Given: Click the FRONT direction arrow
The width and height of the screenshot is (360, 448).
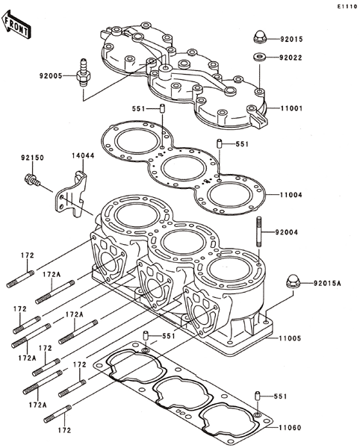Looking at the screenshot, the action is [16, 25].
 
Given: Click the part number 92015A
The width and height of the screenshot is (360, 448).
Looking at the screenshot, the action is [327, 284].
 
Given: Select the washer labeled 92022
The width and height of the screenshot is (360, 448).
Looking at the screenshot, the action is [260, 57].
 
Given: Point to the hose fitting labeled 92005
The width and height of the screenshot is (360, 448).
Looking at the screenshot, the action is [84, 73].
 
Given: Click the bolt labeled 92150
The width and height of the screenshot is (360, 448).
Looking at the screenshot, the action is [31, 179].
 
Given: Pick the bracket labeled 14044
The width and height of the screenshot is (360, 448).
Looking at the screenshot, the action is [72, 195].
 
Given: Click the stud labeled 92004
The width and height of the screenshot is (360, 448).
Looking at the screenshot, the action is [259, 231].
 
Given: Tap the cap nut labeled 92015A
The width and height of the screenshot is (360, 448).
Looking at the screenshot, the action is [294, 281].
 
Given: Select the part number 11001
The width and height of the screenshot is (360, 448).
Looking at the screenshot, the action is [291, 108].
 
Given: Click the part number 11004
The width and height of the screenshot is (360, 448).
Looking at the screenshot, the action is [291, 195].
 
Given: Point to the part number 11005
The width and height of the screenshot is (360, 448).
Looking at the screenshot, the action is [291, 338].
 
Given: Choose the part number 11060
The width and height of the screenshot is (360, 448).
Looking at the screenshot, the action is [291, 428].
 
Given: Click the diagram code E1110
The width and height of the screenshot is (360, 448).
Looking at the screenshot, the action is [347, 7].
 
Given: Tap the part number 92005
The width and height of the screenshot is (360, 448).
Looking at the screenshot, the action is [51, 76].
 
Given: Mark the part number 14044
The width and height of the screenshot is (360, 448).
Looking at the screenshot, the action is [83, 156].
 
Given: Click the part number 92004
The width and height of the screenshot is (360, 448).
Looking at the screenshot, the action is [287, 232].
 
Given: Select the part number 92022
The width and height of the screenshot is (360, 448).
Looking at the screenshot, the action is [291, 57].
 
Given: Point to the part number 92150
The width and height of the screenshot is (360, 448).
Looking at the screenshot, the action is [32, 158].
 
